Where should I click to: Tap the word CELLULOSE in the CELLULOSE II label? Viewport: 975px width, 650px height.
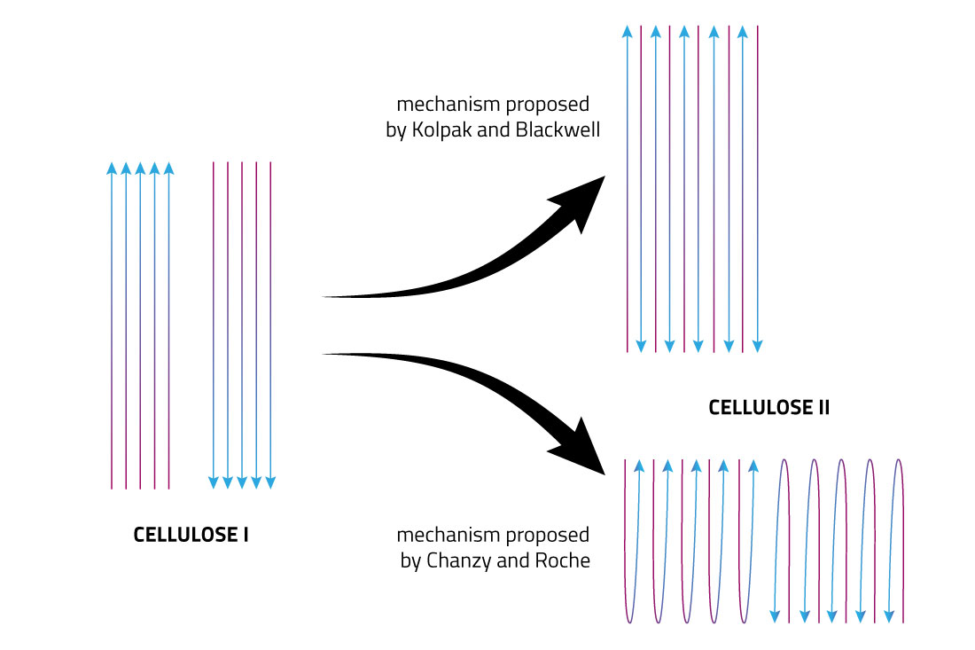[758, 409]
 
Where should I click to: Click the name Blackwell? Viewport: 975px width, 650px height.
[559, 130]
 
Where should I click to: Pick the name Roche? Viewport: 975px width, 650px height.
[565, 560]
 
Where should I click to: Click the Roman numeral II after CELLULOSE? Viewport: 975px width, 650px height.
[822, 409]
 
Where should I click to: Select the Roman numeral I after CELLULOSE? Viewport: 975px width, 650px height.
[245, 536]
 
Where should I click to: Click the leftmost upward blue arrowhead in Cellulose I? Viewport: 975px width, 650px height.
[112, 168]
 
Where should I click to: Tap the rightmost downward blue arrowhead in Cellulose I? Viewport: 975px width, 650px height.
[270, 482]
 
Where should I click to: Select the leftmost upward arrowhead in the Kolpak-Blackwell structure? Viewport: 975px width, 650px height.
[627, 32]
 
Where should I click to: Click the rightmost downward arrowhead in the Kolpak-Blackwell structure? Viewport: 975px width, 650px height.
[757, 345]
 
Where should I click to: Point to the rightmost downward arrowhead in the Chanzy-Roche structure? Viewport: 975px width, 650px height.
[888, 613]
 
